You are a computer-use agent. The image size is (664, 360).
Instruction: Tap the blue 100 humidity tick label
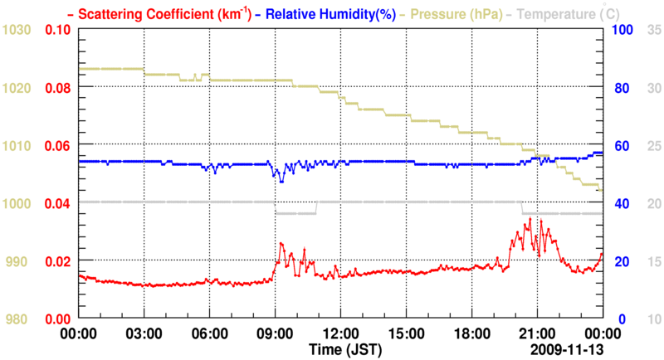click(x=623, y=30)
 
